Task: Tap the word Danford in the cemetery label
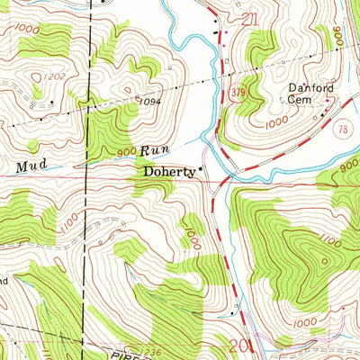click(306, 88)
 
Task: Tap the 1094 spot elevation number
click(149, 101)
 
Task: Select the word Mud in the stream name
click(29, 166)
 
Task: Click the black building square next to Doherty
click(201, 168)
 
